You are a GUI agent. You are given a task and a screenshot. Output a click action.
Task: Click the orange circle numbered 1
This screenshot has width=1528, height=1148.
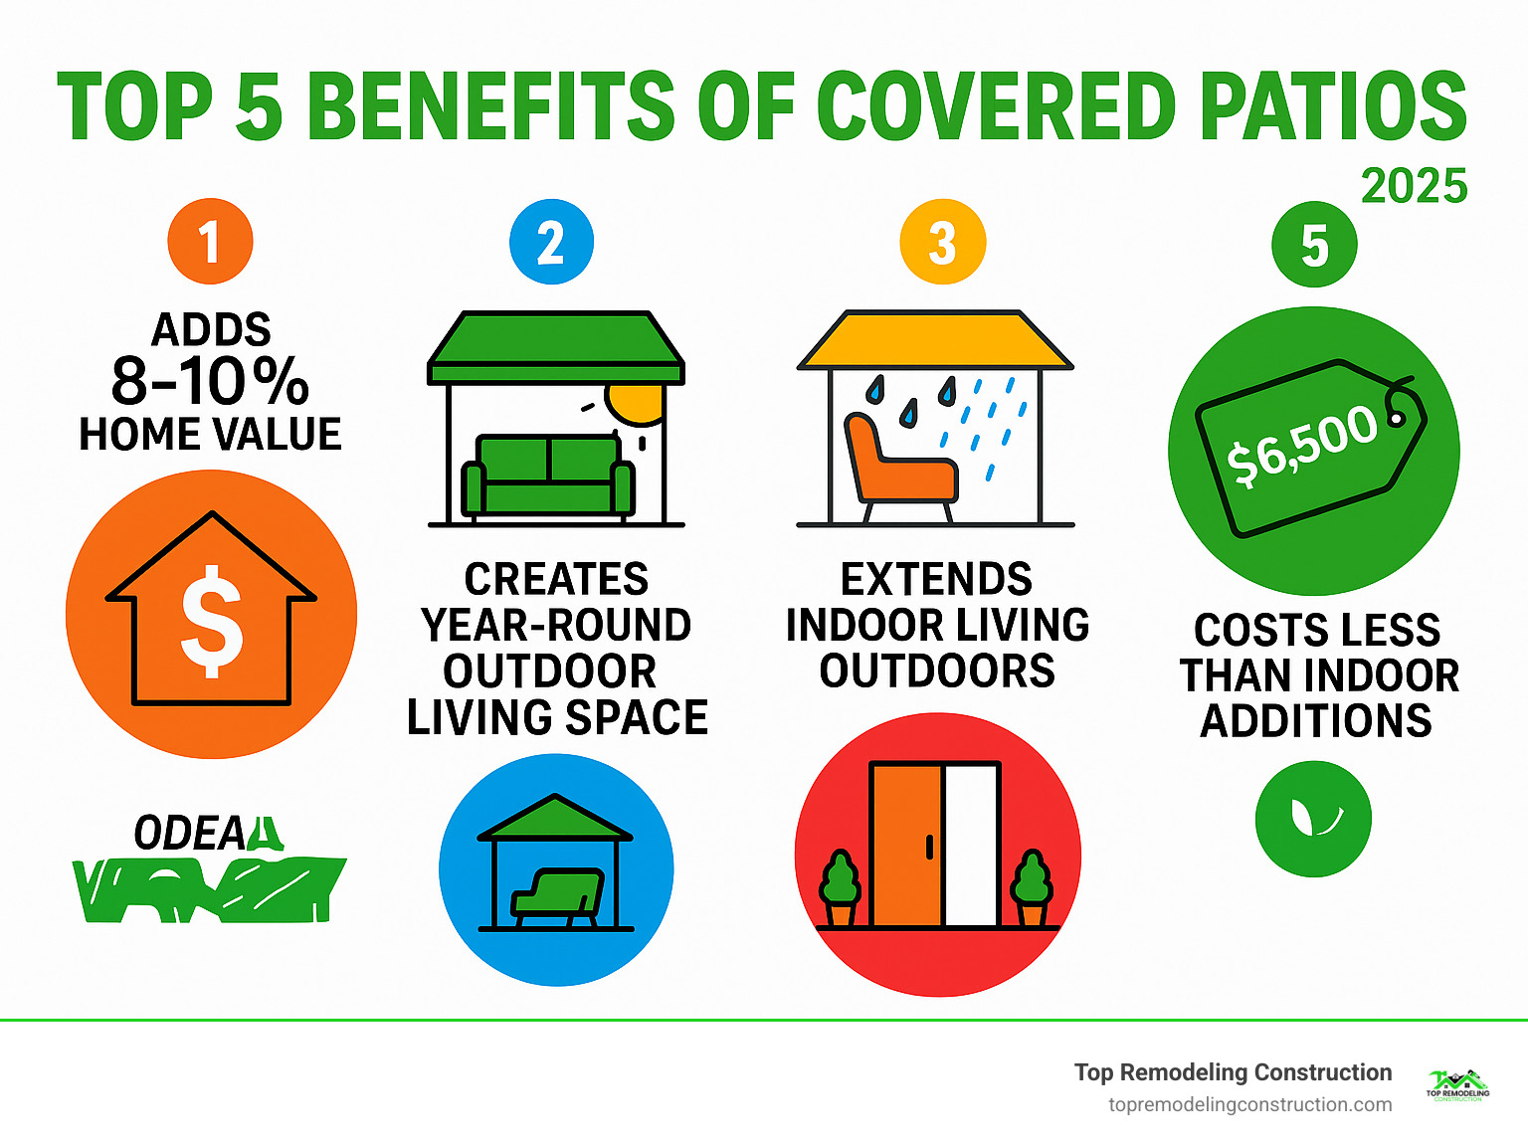click(x=210, y=242)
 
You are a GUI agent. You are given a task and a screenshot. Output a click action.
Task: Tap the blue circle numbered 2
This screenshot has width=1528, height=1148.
click(x=551, y=242)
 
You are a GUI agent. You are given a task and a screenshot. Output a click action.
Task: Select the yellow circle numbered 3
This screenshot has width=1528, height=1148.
click(x=942, y=242)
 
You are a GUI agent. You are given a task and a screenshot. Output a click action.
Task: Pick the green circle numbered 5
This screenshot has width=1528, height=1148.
click(x=1314, y=245)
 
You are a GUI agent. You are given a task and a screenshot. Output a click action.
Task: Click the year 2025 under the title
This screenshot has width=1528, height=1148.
click(x=1414, y=186)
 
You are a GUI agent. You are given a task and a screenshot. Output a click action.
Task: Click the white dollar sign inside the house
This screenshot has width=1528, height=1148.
click(x=211, y=621)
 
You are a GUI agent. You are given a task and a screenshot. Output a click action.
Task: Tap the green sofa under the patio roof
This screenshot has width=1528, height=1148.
click(x=548, y=475)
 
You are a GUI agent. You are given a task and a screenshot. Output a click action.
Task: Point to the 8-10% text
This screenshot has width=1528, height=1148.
click(x=210, y=381)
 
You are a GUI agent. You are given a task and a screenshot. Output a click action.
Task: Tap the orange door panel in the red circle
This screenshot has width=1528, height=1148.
click(x=906, y=845)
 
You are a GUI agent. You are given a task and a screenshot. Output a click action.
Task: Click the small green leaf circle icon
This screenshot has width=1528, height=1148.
click(x=1313, y=818)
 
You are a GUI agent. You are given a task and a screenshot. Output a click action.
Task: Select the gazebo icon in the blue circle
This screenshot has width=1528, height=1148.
click(x=555, y=863)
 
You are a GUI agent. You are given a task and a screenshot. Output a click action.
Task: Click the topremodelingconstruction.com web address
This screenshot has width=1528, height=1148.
click(x=1249, y=1104)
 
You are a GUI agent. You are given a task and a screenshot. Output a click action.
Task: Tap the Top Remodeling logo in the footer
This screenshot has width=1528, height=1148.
click(x=1457, y=1085)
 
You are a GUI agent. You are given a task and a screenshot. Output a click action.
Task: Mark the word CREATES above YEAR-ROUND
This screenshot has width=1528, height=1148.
click(x=556, y=579)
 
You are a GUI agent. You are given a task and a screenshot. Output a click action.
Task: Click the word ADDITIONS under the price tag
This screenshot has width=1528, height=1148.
click(x=1315, y=720)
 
